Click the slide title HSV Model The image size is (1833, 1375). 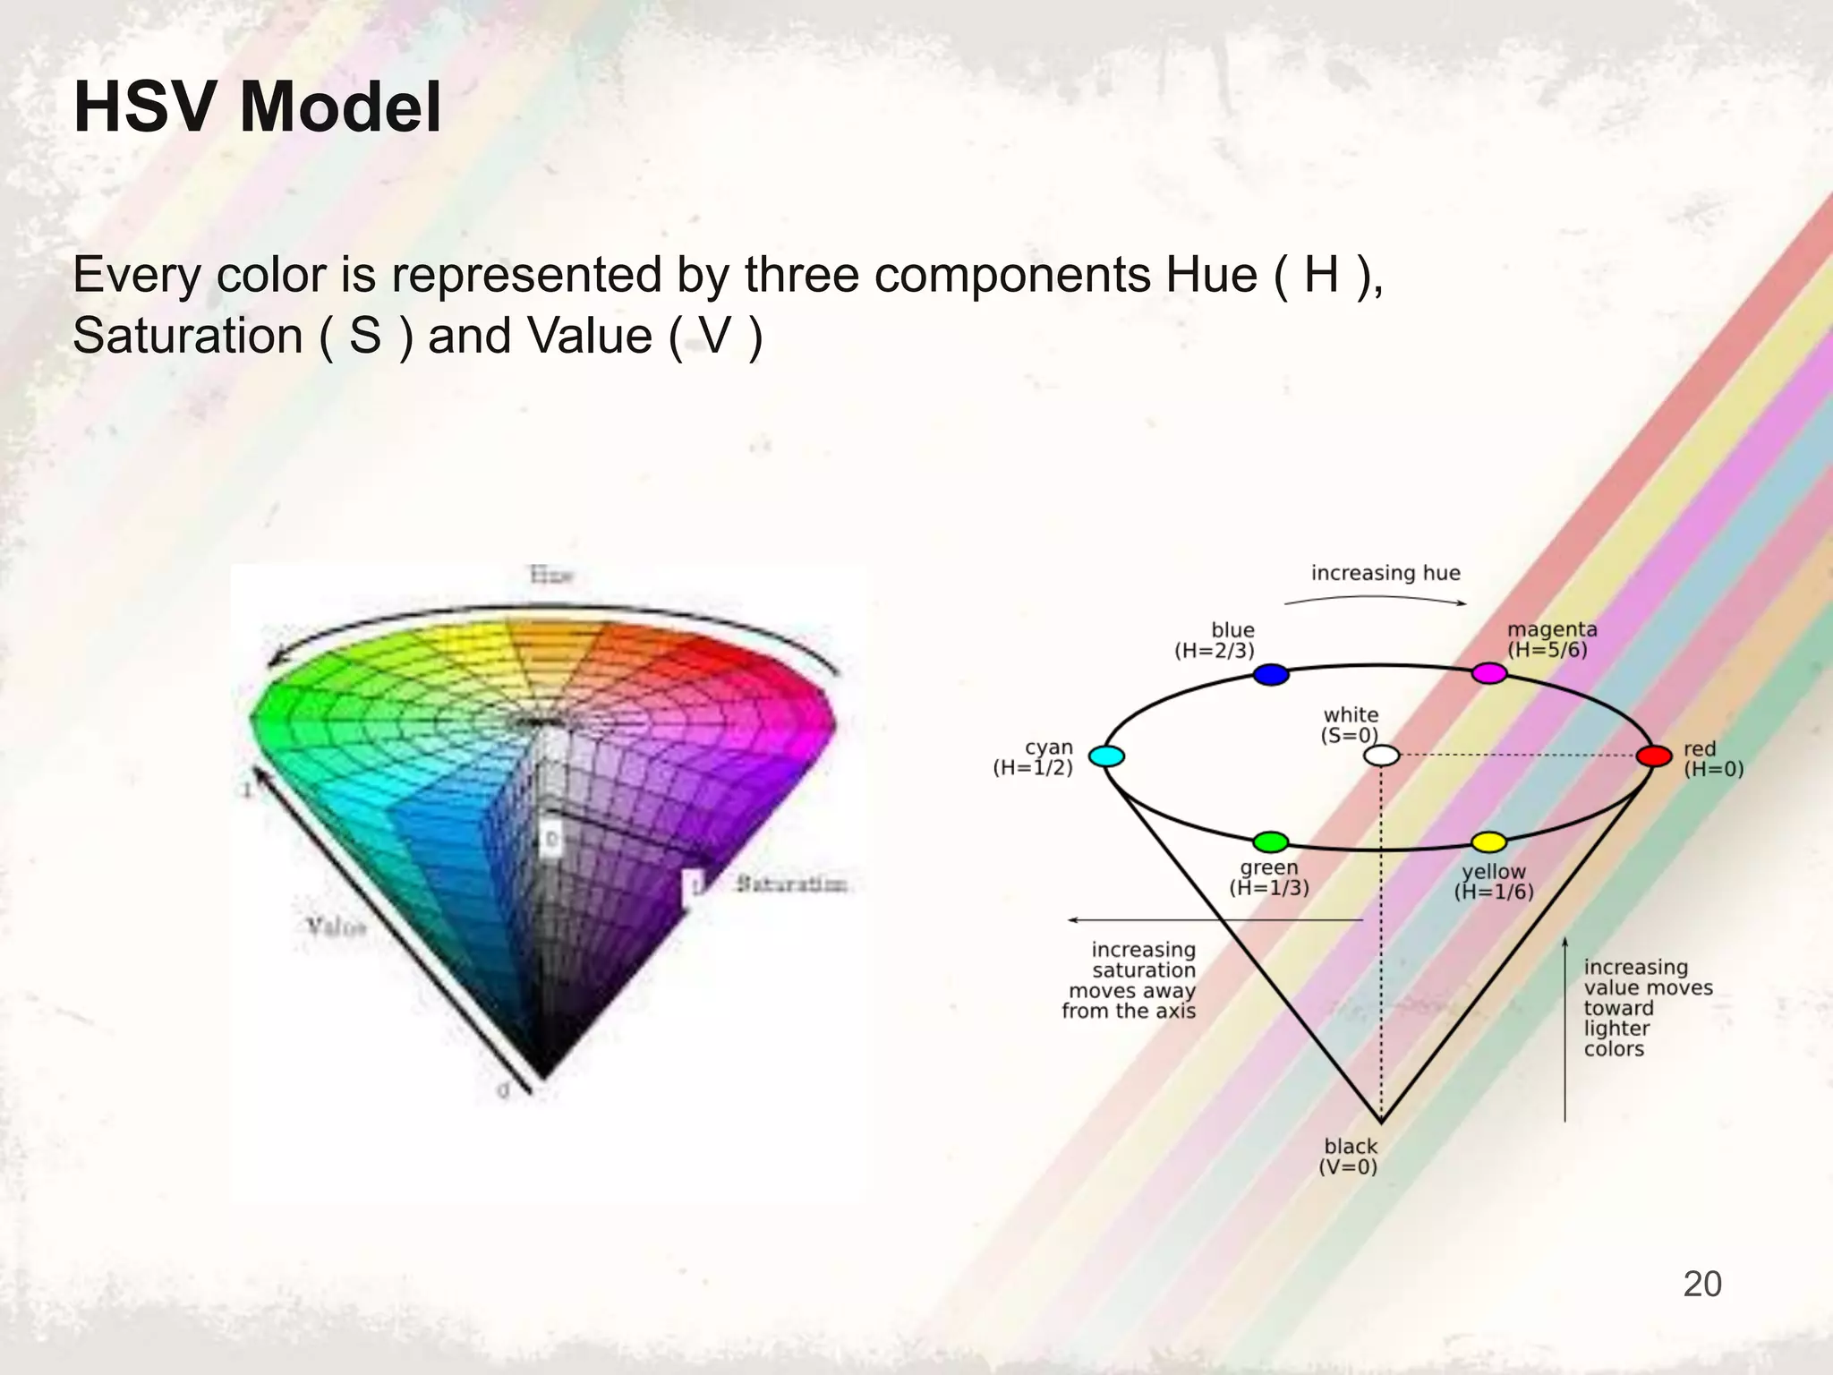(258, 107)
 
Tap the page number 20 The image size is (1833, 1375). (1701, 1284)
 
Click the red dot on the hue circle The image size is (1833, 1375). (1654, 756)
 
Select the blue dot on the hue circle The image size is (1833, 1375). (1271, 674)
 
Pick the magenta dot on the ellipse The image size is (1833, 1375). (1489, 673)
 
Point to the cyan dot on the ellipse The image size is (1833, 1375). (1107, 756)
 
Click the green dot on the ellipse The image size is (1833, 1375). (1270, 841)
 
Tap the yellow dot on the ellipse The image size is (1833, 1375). (1489, 841)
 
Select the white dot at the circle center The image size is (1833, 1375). (1381, 756)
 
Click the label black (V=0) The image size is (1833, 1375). (1350, 1157)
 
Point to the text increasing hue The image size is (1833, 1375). (1385, 573)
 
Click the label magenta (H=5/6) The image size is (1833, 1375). (1552, 639)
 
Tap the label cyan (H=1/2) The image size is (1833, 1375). (1034, 757)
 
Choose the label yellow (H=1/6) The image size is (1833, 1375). (1494, 882)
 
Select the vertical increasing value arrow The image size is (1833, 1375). (1564, 1029)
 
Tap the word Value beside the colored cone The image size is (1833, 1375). (337, 927)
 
